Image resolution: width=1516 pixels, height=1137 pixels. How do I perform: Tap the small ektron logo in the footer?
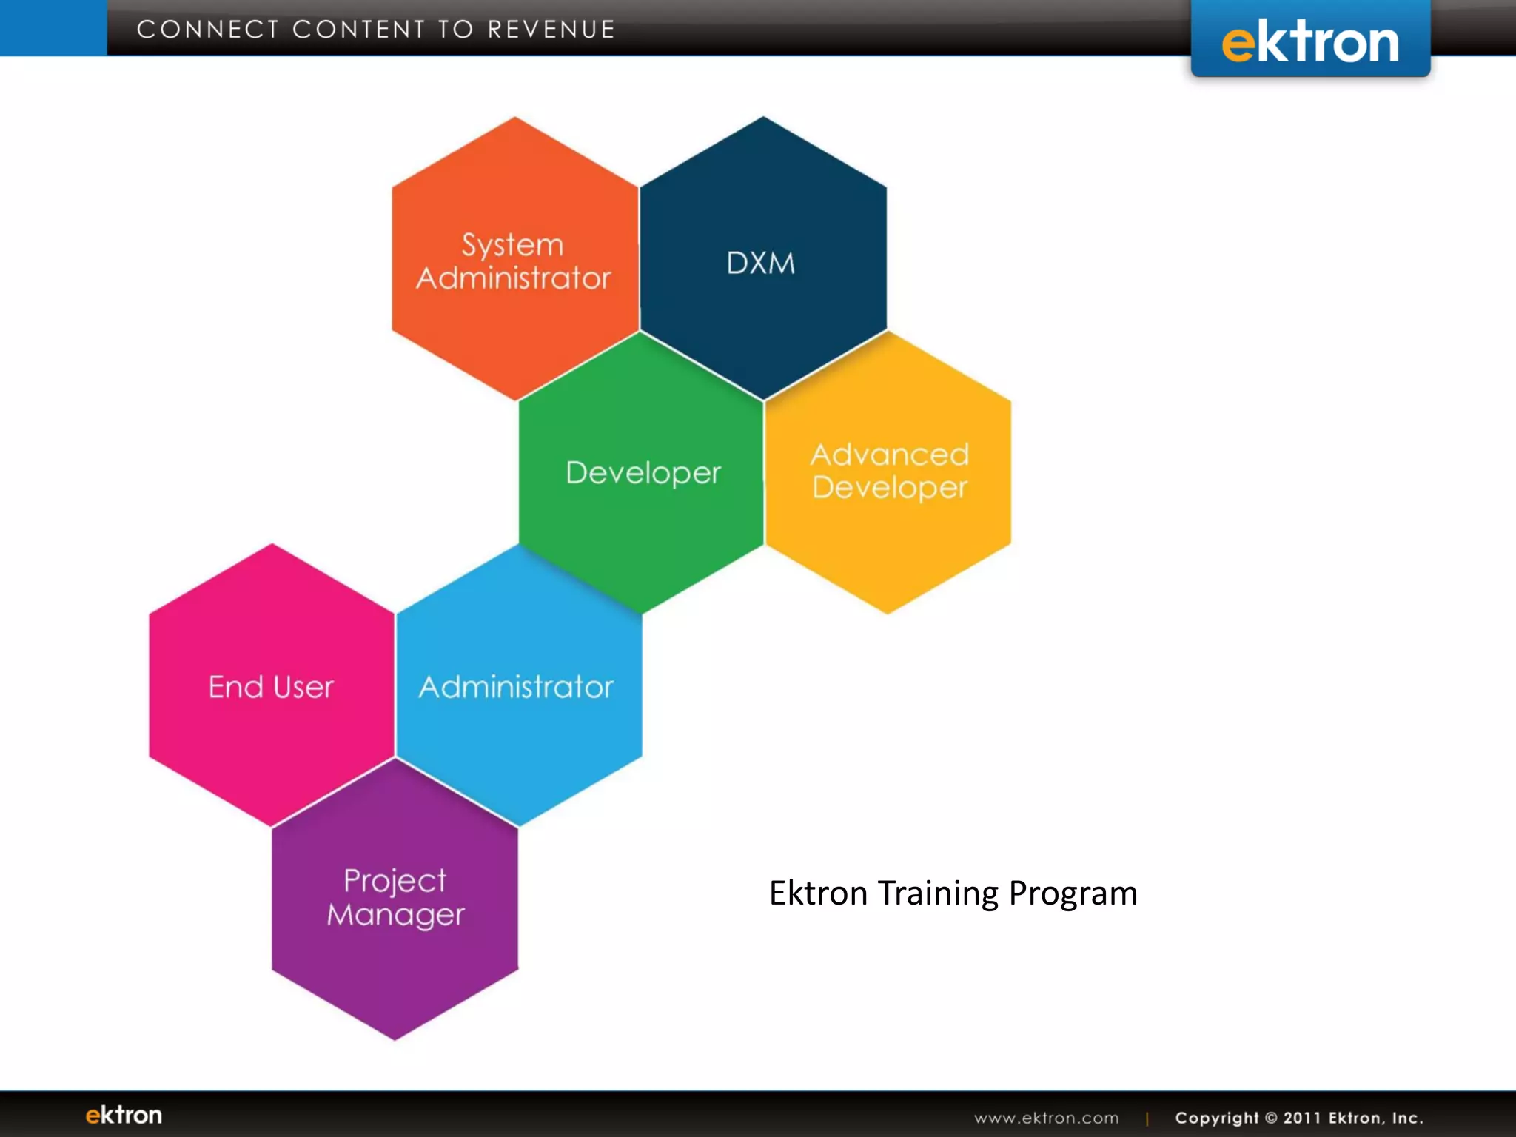(124, 1115)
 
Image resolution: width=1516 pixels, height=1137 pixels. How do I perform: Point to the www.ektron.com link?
(1046, 1118)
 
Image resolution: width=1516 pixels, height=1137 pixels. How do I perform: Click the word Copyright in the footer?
(1216, 1118)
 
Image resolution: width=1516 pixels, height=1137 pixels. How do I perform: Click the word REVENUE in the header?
(551, 30)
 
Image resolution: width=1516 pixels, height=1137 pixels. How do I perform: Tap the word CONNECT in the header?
(208, 30)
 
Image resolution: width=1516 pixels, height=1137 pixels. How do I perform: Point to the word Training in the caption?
(938, 893)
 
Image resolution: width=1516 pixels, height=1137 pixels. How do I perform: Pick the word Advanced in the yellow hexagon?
(890, 455)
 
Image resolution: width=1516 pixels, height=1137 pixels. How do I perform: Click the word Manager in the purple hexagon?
(395, 915)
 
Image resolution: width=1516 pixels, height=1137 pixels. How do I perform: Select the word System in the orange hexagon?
(512, 245)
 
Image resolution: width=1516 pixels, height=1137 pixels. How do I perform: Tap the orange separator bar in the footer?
(1147, 1118)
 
